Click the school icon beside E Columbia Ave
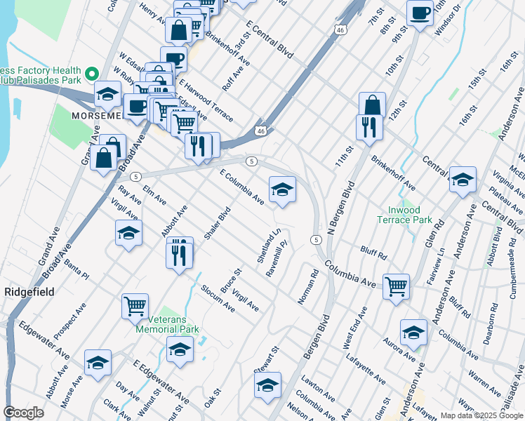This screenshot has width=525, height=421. pos(282,189)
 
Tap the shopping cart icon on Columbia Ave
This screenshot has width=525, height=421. pos(396,286)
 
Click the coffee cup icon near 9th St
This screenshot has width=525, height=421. pos(420,13)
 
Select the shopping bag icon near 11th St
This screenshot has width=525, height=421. pos(372,106)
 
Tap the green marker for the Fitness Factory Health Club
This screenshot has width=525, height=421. pos(91,73)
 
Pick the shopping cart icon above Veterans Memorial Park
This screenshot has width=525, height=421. pos(135,306)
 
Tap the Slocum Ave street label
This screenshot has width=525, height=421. pos(218,298)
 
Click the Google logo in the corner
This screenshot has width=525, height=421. pos(24,413)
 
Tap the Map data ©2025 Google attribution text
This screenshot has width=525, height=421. pos(481,415)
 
